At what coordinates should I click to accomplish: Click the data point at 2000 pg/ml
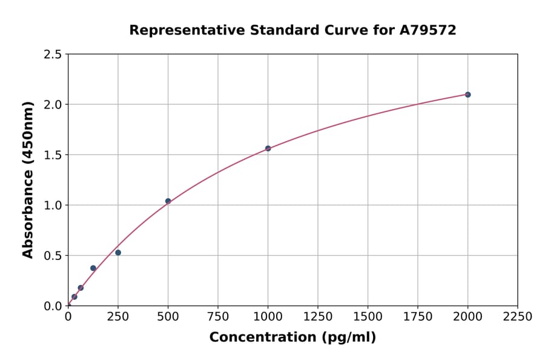point(467,95)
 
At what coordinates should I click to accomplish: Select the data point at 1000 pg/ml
point(268,148)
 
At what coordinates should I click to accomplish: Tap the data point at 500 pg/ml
point(168,201)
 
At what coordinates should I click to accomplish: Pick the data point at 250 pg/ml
point(118,253)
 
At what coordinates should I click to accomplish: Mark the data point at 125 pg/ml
point(93,268)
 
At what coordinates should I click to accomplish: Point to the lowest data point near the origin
point(74,297)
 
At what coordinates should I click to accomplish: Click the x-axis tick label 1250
point(317,316)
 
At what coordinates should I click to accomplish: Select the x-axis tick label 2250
point(517,316)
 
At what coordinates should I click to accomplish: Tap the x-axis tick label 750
point(218,316)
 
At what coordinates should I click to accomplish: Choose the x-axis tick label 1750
point(417,316)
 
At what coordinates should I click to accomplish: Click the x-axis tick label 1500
point(368,316)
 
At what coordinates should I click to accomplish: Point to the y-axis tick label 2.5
point(53,55)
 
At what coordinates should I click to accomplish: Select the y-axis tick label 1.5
point(53,155)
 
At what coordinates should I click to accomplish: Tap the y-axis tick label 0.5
point(53,256)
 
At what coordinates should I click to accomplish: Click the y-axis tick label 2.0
point(53,105)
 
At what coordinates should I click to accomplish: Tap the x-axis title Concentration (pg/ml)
point(292,338)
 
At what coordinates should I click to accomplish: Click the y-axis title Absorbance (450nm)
point(28,180)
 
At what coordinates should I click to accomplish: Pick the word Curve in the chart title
point(342,30)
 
